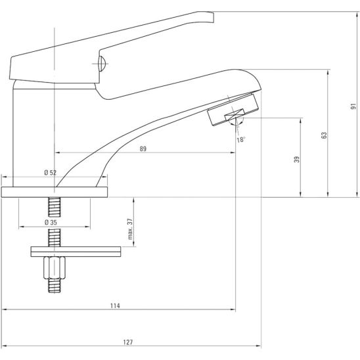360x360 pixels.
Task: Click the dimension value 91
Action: [x=353, y=106]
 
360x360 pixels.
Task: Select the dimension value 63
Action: [x=324, y=135]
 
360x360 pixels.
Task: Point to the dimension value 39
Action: [x=297, y=160]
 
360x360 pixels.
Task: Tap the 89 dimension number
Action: [x=143, y=148]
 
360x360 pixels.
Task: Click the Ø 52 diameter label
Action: [x=51, y=173]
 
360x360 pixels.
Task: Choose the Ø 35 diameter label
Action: [x=51, y=222]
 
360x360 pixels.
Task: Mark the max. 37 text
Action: [x=130, y=229]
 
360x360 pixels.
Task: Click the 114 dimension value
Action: [x=115, y=305]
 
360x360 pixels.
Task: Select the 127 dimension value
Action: [x=127, y=342]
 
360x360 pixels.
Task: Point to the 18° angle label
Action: [x=241, y=139]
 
